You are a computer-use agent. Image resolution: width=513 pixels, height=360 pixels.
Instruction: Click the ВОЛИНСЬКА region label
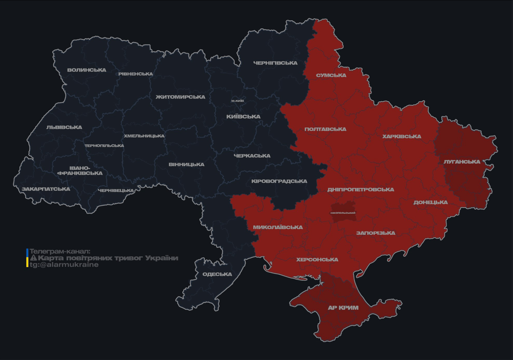(x=87, y=70)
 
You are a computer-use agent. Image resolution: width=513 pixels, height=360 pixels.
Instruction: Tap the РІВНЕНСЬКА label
(x=136, y=74)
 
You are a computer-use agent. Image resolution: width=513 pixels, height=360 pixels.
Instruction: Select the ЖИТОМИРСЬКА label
(x=181, y=97)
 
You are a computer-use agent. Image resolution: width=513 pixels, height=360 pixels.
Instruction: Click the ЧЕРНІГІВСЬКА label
(x=275, y=63)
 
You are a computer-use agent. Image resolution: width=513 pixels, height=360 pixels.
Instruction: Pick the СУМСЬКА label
(x=331, y=75)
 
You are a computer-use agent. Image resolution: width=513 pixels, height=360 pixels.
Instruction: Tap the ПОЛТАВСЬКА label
(x=325, y=129)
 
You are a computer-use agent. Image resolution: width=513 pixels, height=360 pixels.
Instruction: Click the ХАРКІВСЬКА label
(x=401, y=137)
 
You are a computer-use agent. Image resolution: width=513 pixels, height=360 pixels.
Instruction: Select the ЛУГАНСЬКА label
(x=462, y=162)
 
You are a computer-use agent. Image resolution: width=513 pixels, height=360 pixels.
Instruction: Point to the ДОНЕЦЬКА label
(x=430, y=202)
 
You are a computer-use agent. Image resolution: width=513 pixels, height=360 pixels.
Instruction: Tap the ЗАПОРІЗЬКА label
(x=376, y=233)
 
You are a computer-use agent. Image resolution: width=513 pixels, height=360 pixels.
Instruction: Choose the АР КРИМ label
(x=343, y=308)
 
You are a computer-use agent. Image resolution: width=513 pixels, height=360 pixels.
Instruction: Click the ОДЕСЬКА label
(x=217, y=274)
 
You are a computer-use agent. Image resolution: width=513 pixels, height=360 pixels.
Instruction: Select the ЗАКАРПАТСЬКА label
(x=46, y=189)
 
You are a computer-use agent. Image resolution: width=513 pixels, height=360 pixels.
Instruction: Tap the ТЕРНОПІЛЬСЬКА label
(x=104, y=146)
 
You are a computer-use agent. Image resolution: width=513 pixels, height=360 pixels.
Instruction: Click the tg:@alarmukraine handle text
(x=64, y=265)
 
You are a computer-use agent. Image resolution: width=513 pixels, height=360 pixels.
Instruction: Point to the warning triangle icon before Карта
(x=33, y=258)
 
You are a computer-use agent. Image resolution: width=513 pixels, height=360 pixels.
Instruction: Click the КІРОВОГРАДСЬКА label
(x=279, y=181)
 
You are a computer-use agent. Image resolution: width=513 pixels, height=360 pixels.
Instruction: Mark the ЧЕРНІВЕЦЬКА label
(x=116, y=191)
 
